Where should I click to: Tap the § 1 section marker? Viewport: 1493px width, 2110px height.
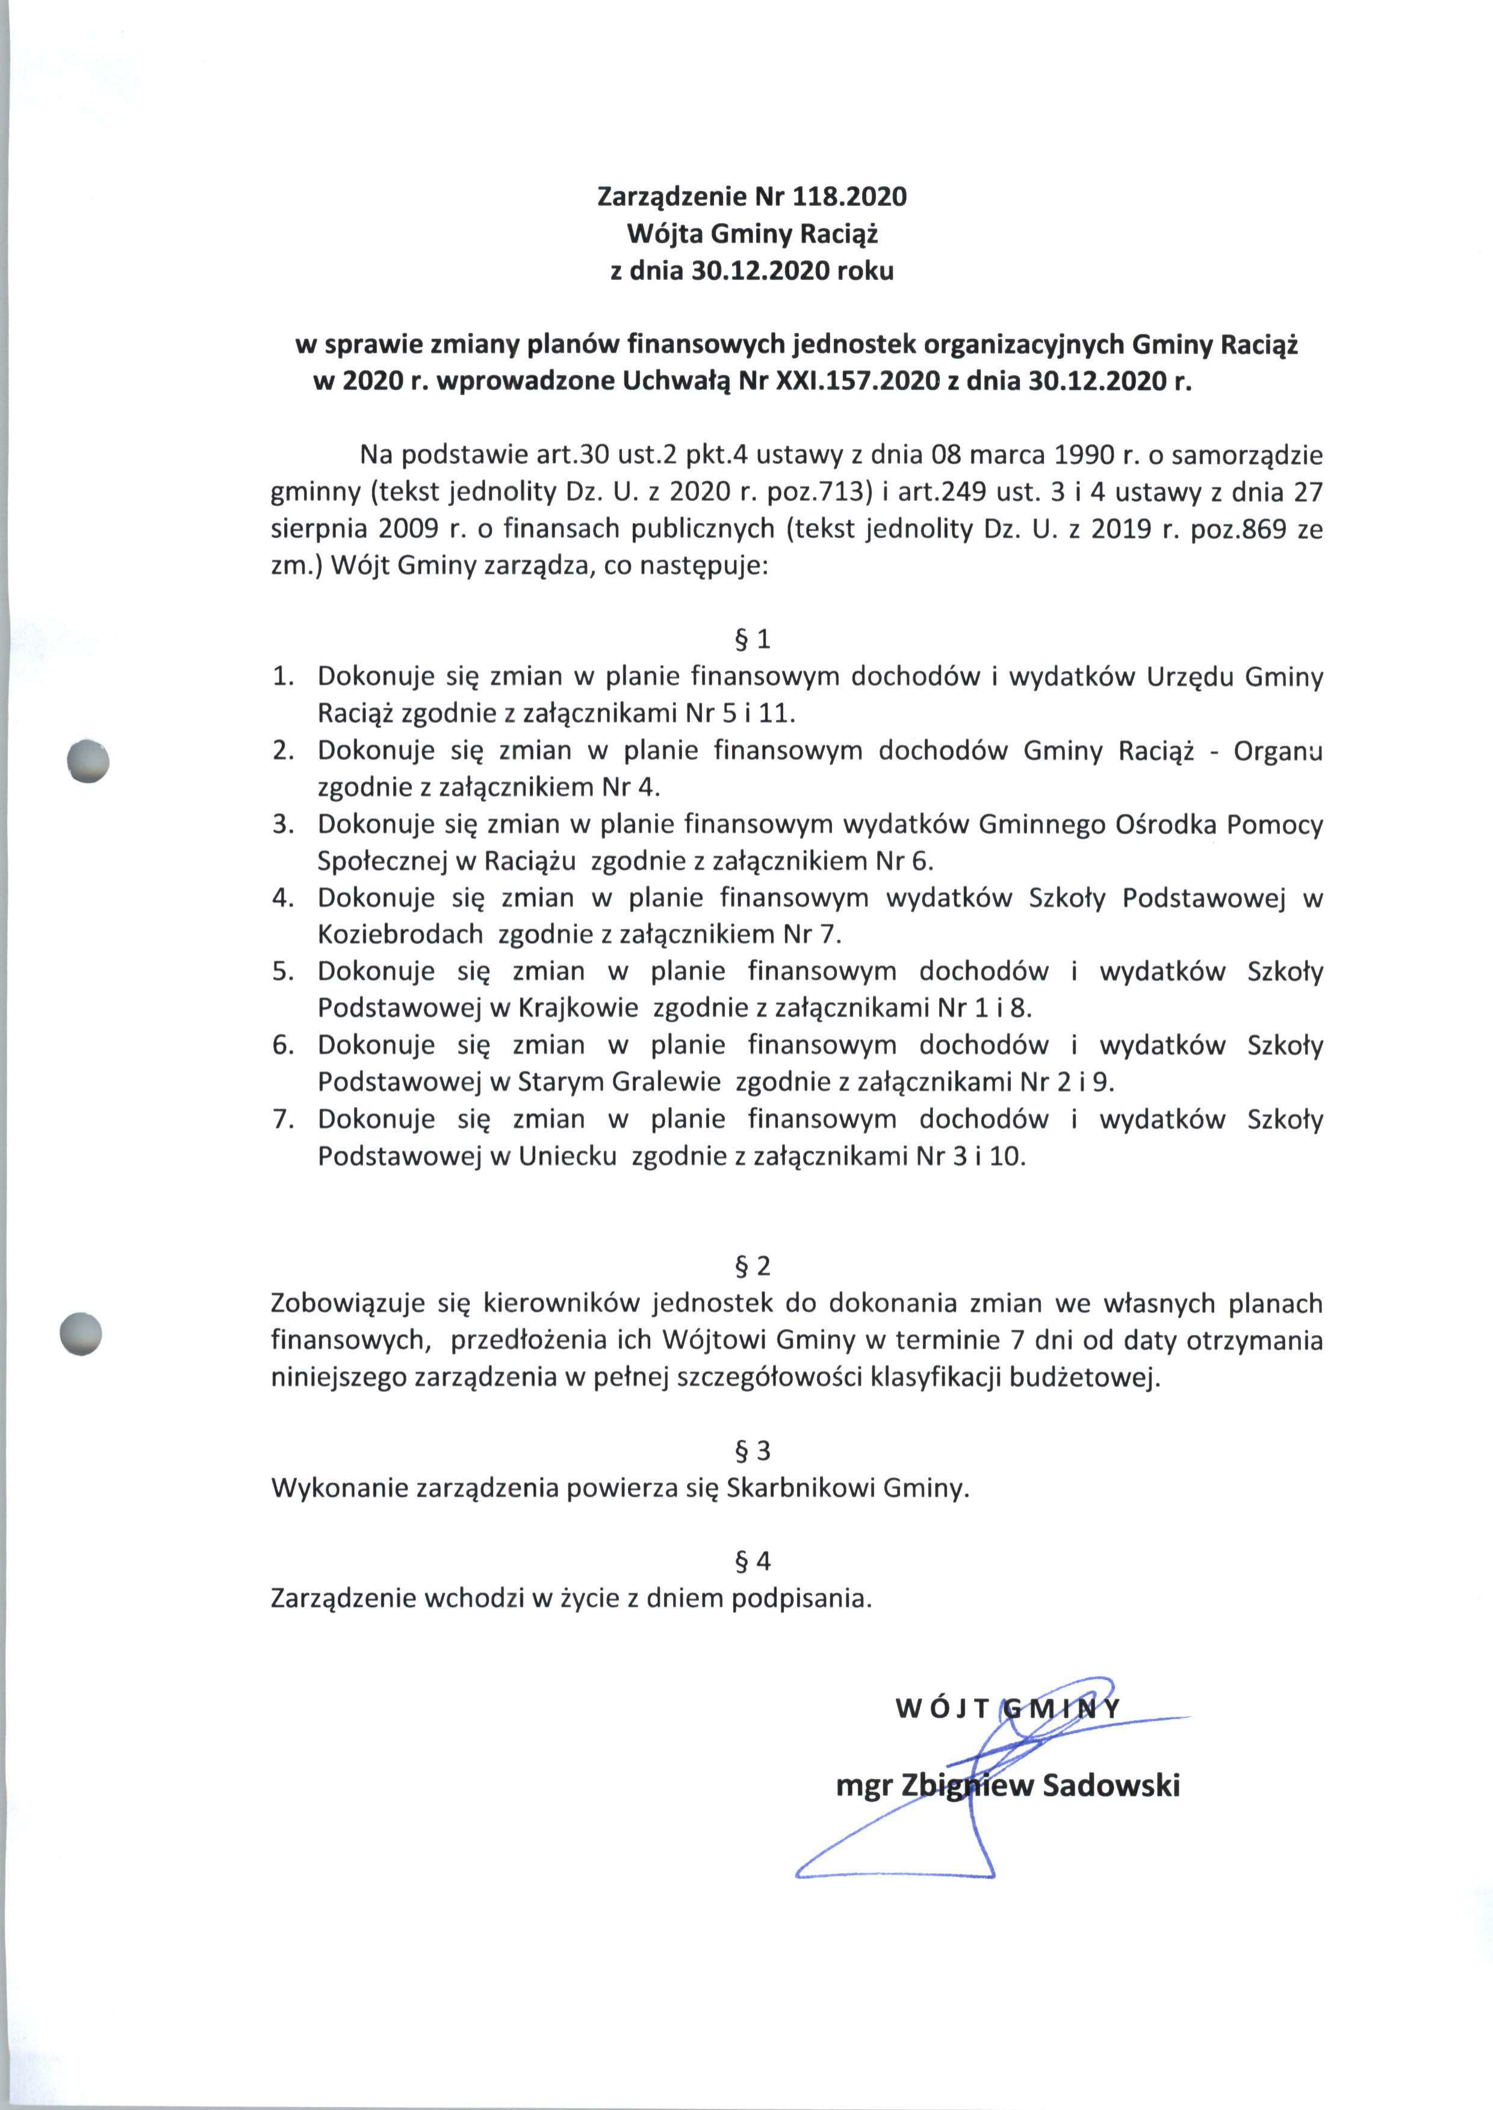click(752, 639)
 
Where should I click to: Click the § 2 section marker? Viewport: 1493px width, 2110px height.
click(752, 1266)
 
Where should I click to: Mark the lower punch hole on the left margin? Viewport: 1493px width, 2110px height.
click(80, 1333)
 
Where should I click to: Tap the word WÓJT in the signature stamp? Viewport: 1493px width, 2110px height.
click(942, 1709)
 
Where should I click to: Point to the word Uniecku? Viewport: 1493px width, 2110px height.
click(567, 1157)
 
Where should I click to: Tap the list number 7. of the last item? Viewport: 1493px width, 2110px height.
click(282, 1120)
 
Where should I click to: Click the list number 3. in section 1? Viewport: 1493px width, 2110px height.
click(282, 825)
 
